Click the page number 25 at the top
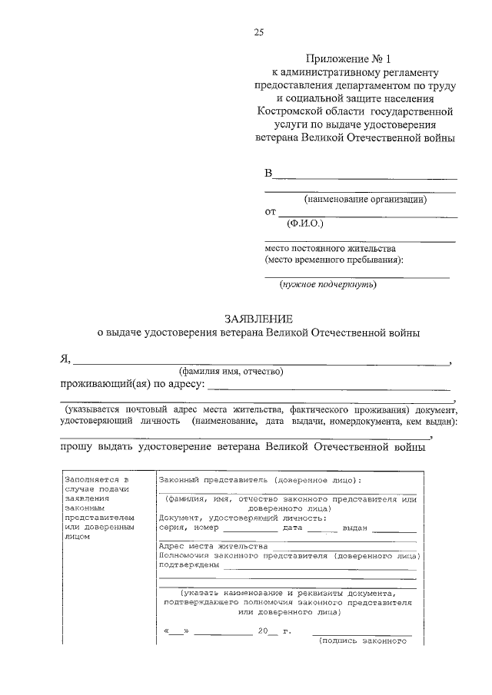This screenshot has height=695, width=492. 258,31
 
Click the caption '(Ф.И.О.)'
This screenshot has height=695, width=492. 305,223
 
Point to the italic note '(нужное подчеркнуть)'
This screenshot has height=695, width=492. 327,284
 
